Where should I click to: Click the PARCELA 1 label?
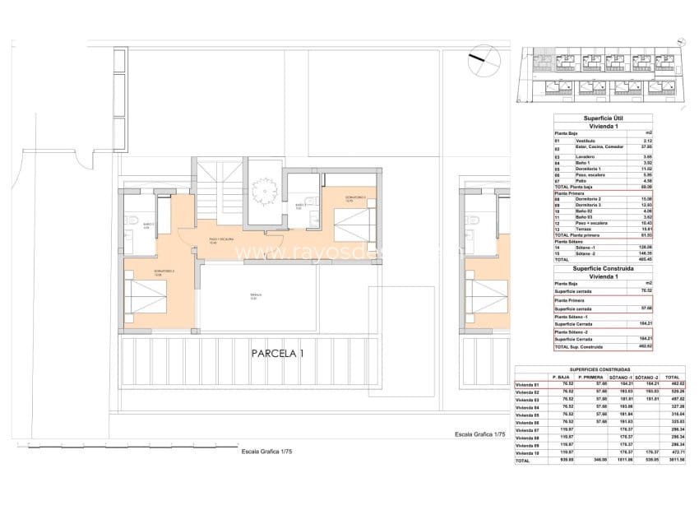pos(278,355)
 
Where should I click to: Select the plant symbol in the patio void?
pos(262,192)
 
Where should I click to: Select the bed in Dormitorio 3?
pos(353,221)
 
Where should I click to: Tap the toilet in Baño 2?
pos(133,220)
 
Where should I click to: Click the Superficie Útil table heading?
pos(602,118)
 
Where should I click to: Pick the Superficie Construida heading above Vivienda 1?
pos(602,268)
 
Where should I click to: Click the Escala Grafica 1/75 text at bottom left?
pos(266,452)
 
